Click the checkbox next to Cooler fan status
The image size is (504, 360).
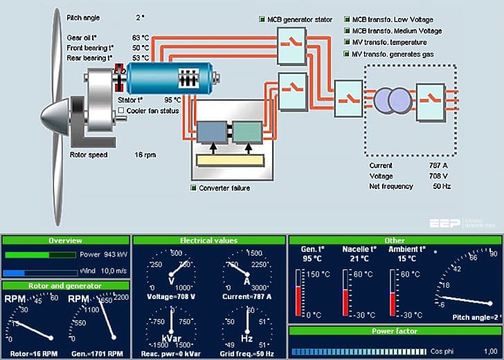[121, 111]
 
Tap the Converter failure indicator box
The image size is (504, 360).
[194, 188]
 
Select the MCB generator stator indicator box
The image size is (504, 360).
[262, 19]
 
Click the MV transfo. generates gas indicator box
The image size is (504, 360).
[347, 54]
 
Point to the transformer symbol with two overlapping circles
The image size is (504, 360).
[391, 100]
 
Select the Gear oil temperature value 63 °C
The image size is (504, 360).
[141, 37]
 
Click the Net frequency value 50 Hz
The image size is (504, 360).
[441, 187]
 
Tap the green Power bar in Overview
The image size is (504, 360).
[27, 255]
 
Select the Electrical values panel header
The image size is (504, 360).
[208, 240]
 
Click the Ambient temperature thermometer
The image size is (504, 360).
[393, 291]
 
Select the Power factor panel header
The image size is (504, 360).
[394, 332]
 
